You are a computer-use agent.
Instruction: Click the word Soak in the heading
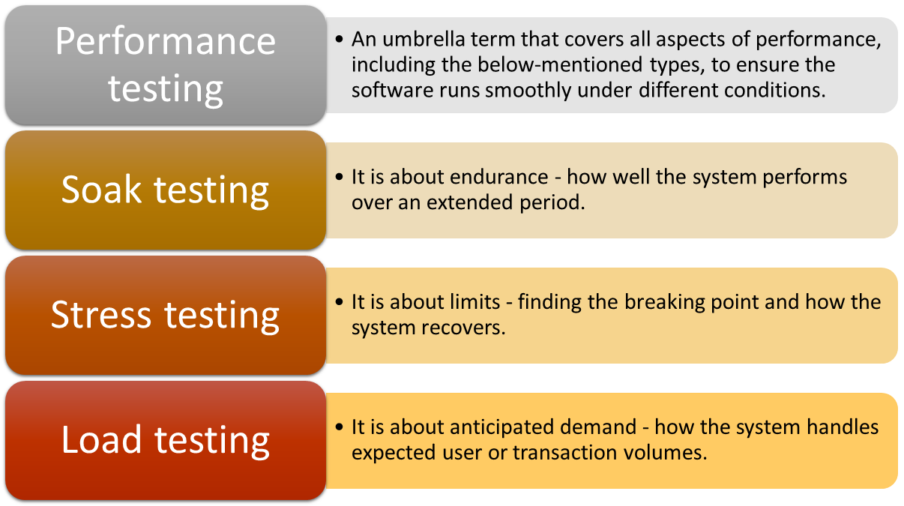(x=101, y=190)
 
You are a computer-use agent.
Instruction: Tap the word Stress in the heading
(x=101, y=315)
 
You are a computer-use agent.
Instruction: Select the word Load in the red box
(x=101, y=440)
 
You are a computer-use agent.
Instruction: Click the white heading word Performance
(x=166, y=41)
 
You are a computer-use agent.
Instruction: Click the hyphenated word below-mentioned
(x=560, y=64)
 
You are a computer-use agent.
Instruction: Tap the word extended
(x=470, y=202)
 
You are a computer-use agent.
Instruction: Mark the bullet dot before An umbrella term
(x=339, y=40)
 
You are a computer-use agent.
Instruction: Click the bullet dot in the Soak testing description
(x=339, y=177)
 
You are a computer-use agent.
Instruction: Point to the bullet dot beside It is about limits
(x=339, y=302)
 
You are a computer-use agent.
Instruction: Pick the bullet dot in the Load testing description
(x=339, y=427)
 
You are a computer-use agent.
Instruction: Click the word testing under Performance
(x=166, y=89)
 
